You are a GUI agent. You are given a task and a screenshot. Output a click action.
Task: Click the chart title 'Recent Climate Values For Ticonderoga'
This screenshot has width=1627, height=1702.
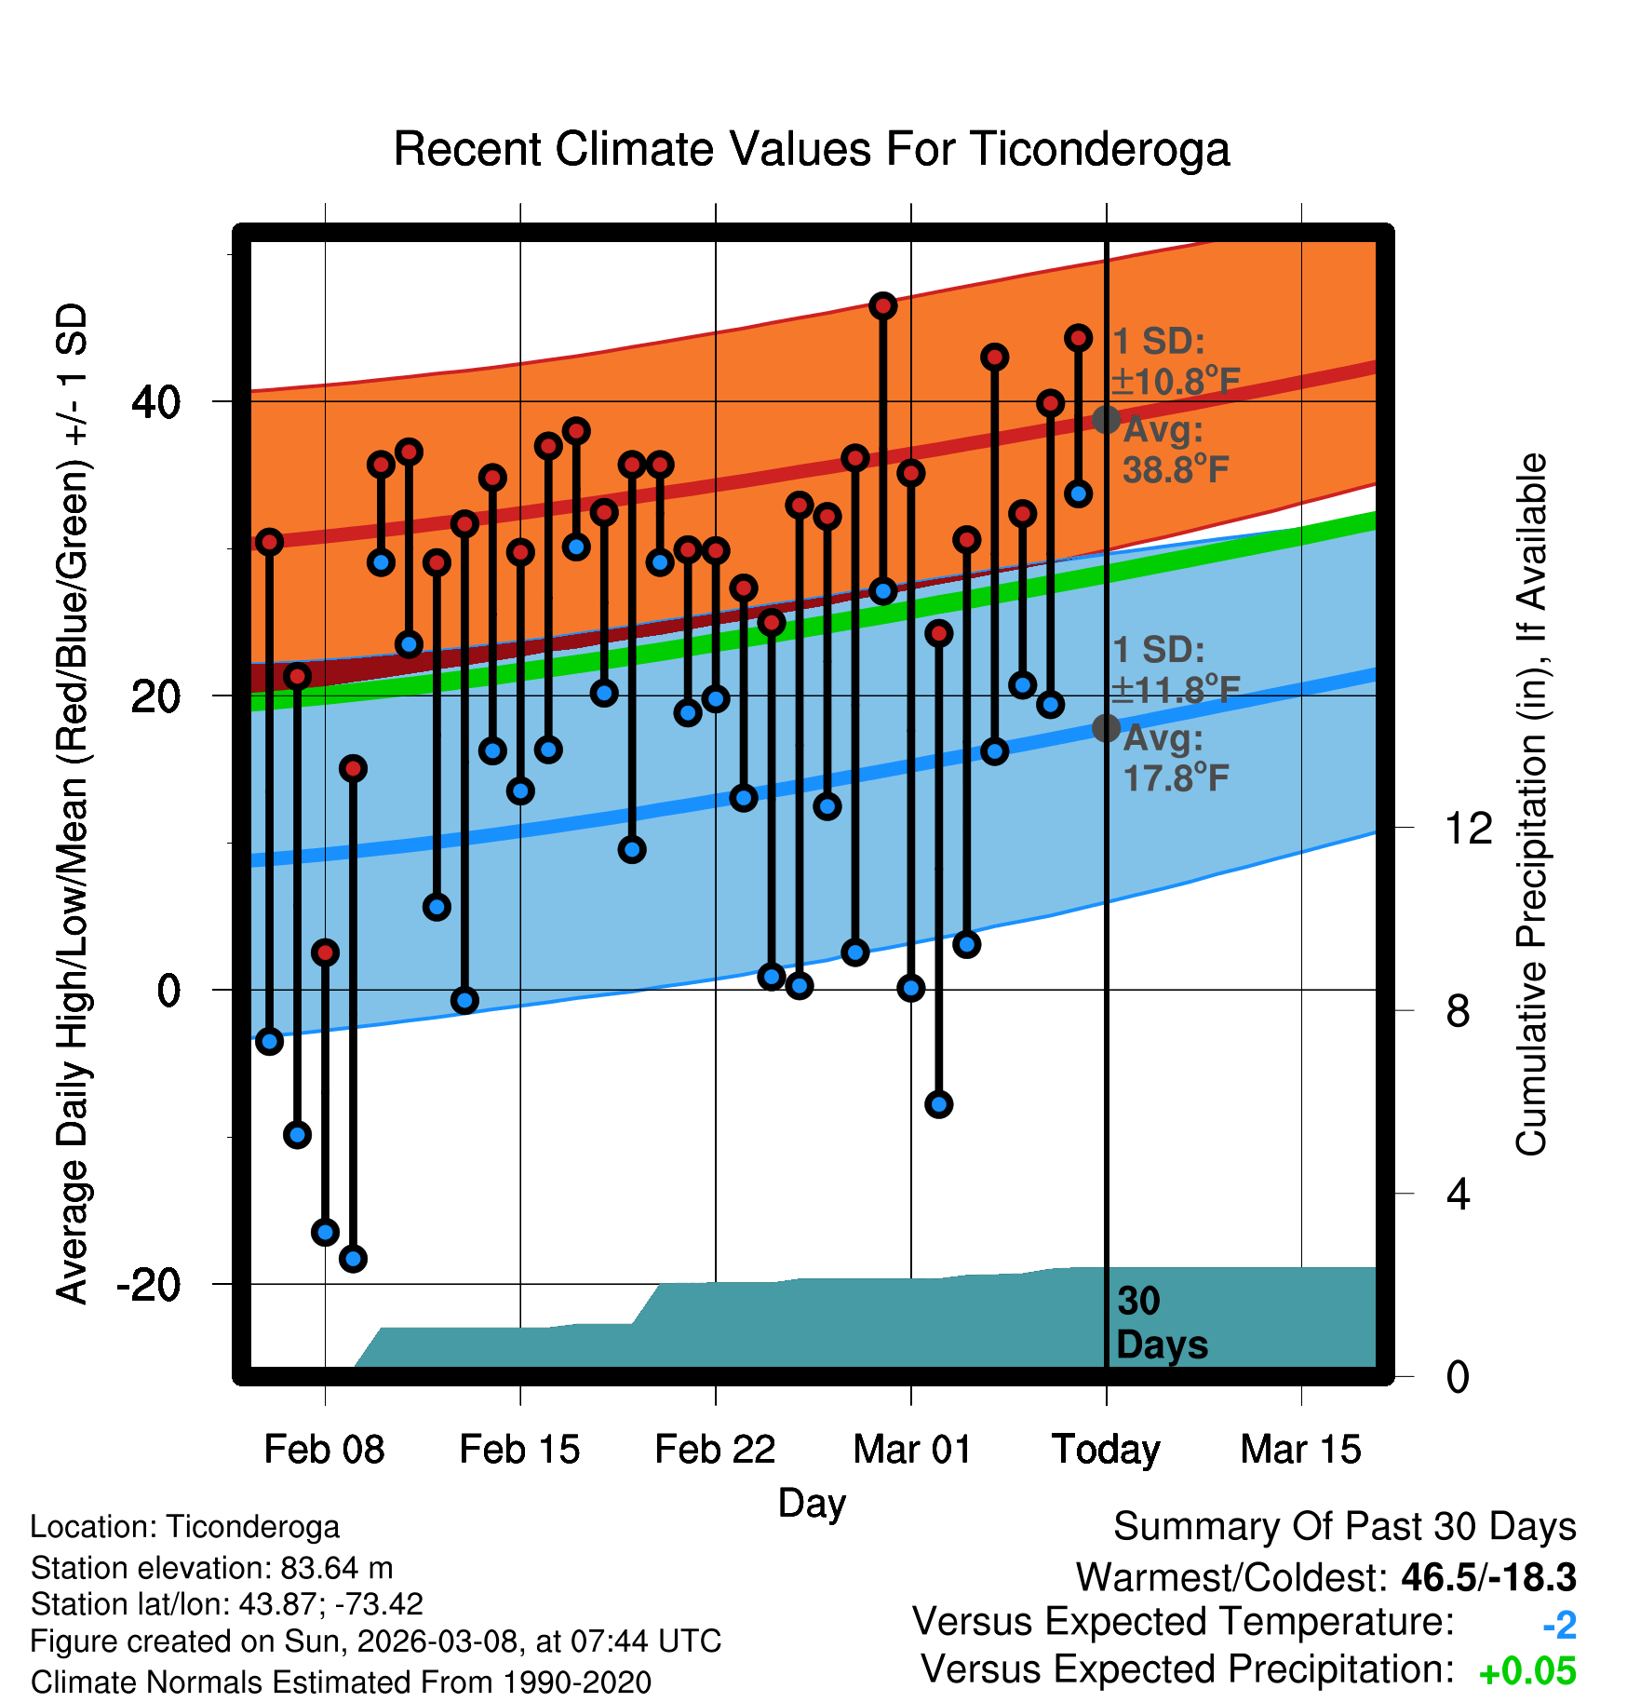pos(812,149)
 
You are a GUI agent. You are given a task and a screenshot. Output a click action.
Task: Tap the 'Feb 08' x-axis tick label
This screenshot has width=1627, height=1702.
pos(324,1449)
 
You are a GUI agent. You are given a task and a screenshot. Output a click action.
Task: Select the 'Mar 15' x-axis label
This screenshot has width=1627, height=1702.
pos(1300,1449)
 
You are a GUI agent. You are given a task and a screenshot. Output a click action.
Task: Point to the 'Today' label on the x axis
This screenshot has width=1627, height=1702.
pos(1106,1449)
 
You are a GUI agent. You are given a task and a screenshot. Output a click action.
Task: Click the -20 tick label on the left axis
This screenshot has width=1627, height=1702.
pos(149,1285)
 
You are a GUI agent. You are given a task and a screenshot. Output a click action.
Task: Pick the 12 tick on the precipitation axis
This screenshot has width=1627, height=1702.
pos(1468,828)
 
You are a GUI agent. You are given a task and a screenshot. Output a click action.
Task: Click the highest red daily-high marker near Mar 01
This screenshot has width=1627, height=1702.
pos(883,305)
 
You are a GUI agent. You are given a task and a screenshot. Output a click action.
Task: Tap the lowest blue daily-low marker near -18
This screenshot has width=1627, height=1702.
pos(353,1259)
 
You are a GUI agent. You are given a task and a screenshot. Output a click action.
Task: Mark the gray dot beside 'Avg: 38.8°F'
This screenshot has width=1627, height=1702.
pos(1106,420)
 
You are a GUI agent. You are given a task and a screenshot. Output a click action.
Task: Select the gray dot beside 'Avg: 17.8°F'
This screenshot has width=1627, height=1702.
pos(1106,728)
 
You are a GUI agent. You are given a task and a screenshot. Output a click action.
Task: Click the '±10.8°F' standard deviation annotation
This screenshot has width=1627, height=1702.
pos(1177,382)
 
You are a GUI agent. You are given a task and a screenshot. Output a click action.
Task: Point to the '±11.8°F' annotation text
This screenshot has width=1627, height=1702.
pos(1177,690)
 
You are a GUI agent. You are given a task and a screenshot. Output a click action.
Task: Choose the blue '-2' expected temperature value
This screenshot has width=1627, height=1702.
pos(1559,1625)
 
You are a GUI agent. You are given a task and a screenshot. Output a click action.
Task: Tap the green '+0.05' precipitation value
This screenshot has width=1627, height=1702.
pos(1527,1671)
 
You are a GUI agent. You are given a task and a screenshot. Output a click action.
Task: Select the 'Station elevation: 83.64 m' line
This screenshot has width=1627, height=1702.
pos(212,1568)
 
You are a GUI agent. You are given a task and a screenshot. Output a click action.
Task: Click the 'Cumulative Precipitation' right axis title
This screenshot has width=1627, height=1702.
pos(1531,805)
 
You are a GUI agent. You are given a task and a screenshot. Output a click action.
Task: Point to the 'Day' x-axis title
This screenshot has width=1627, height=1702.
pos(812,1503)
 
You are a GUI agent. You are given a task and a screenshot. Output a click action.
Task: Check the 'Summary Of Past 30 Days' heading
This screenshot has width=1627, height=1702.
pos(1345,1527)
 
